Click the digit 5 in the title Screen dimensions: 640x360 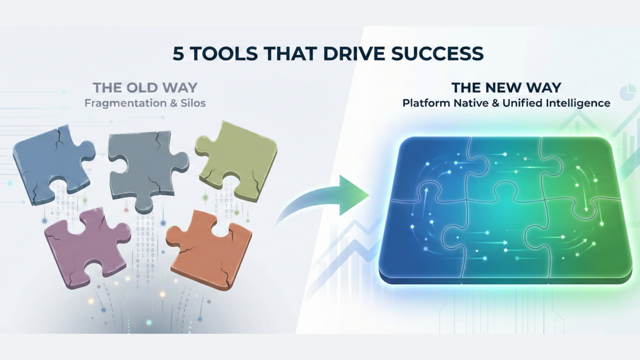(178, 53)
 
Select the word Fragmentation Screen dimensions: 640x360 (126, 103)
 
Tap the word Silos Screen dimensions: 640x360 (193, 103)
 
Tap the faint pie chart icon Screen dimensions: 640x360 (628, 93)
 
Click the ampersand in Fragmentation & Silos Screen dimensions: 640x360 (173, 103)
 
